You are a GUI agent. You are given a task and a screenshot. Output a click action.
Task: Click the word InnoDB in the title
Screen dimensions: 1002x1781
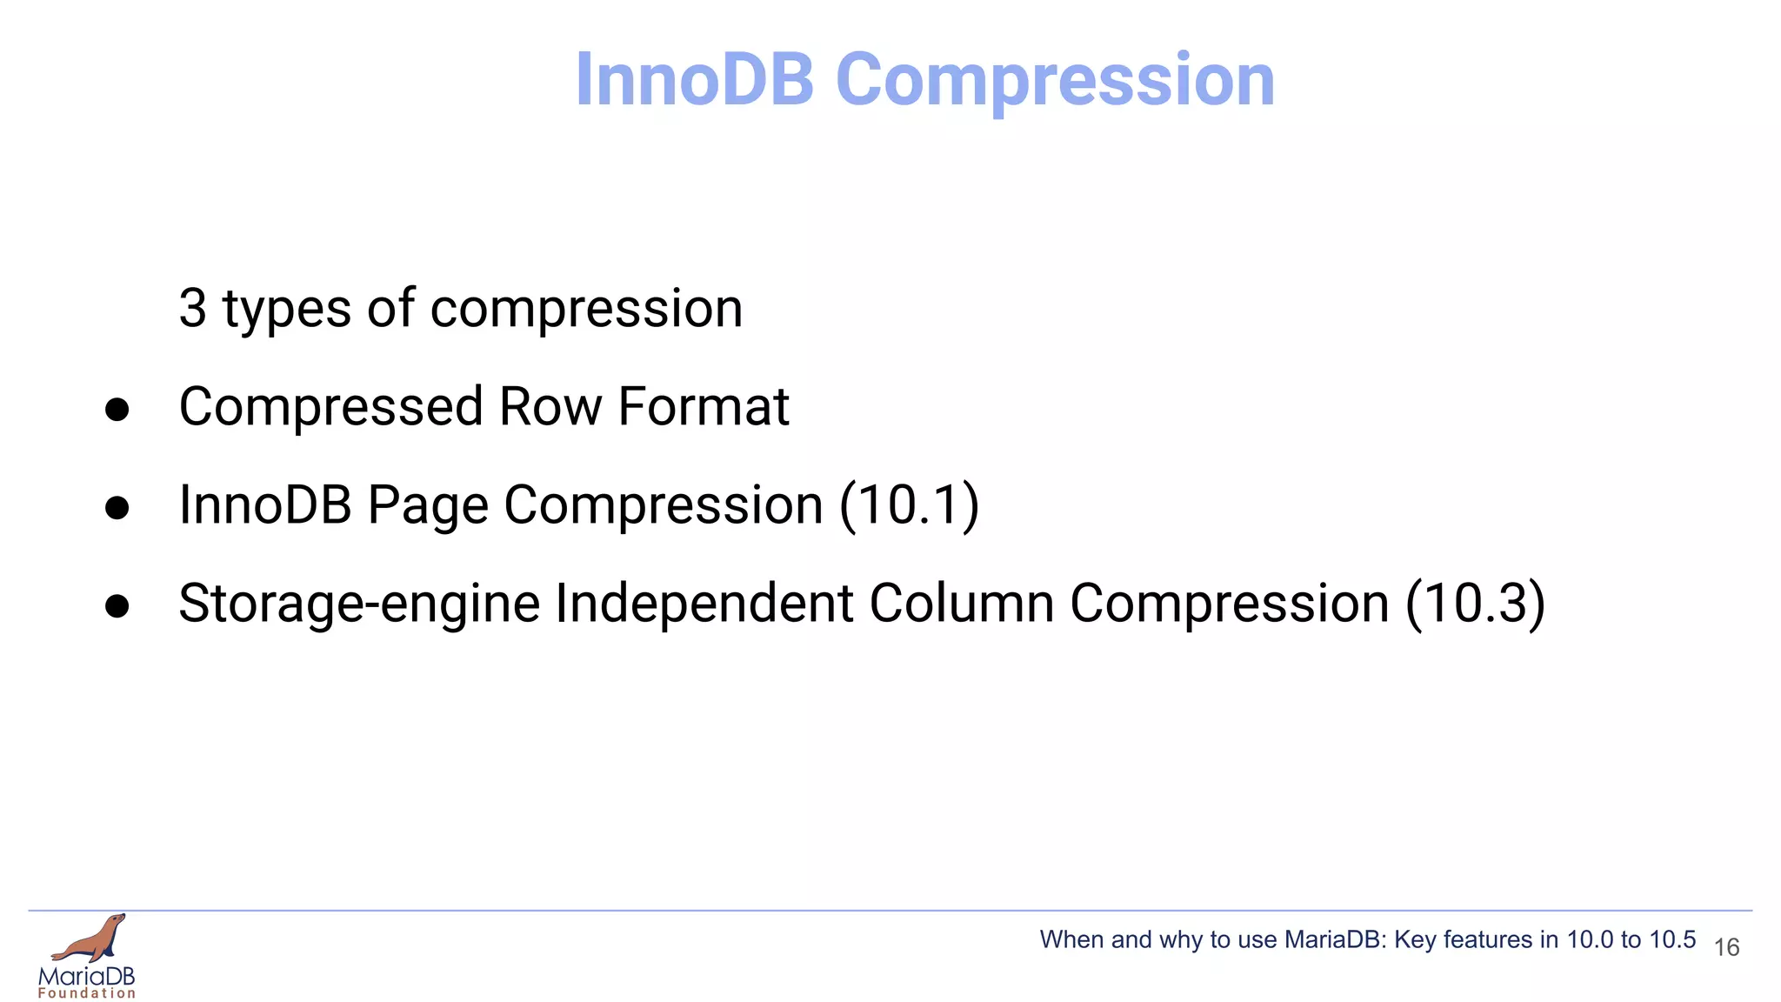tap(694, 80)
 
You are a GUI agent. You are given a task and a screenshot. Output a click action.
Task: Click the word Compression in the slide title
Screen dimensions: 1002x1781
tap(1054, 80)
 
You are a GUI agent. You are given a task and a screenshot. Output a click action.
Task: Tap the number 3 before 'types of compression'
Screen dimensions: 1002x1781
tap(193, 309)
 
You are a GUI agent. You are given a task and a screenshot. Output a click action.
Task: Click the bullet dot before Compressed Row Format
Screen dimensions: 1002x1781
tap(117, 409)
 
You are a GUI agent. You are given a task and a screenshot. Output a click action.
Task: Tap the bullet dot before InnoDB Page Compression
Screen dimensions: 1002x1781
tap(117, 507)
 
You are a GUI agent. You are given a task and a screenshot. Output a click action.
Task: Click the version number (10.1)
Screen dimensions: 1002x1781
tap(909, 505)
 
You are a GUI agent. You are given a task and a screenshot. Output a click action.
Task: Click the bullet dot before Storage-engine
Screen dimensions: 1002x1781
tap(117, 605)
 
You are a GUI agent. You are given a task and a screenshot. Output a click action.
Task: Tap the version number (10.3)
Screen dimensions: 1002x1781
tap(1475, 604)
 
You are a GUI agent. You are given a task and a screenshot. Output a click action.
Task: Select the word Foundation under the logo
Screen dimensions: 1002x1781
tap(87, 993)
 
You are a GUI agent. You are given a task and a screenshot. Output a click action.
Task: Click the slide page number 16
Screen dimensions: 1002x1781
tap(1726, 947)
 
